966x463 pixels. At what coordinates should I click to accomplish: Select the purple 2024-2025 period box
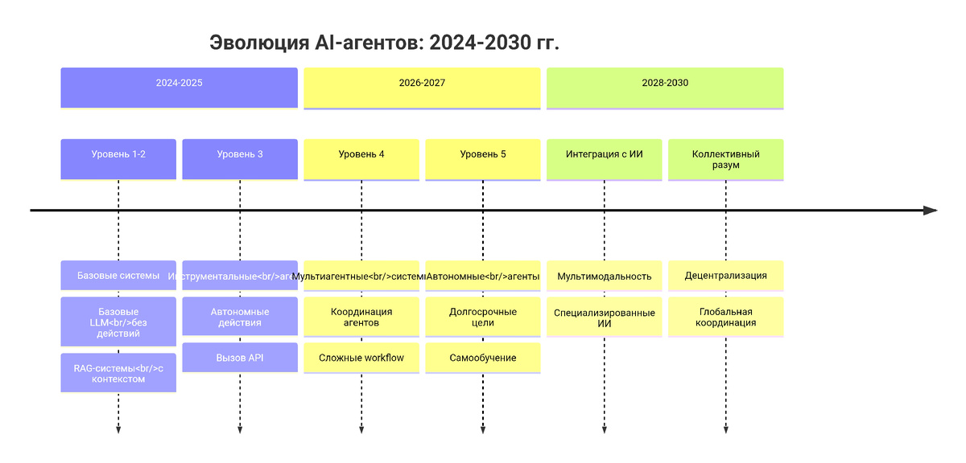point(179,87)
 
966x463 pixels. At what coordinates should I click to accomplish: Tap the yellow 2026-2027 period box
point(422,87)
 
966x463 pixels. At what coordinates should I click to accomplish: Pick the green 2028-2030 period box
point(665,87)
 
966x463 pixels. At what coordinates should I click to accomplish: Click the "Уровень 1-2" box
point(118,158)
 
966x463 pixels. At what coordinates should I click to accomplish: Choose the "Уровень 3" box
point(240,158)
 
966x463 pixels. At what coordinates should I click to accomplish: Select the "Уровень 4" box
point(361,158)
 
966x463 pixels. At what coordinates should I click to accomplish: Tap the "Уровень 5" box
point(483,158)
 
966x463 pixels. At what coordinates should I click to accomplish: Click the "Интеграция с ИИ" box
point(605,158)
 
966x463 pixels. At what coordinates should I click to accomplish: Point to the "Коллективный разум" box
point(726,158)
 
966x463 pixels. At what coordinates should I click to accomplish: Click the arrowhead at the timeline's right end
point(931,211)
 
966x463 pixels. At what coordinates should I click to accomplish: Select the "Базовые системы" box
point(118,276)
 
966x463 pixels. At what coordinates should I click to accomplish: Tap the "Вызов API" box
point(240,358)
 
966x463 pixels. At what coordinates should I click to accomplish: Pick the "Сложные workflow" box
point(361,358)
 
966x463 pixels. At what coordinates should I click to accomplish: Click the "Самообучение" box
point(483,358)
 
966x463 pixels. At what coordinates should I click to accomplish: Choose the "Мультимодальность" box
point(605,276)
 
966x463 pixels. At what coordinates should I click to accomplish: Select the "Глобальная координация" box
point(726,317)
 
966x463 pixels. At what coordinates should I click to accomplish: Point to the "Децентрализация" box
point(726,276)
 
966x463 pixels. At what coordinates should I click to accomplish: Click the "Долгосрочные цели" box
point(483,317)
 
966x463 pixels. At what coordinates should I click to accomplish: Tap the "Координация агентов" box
point(361,317)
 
